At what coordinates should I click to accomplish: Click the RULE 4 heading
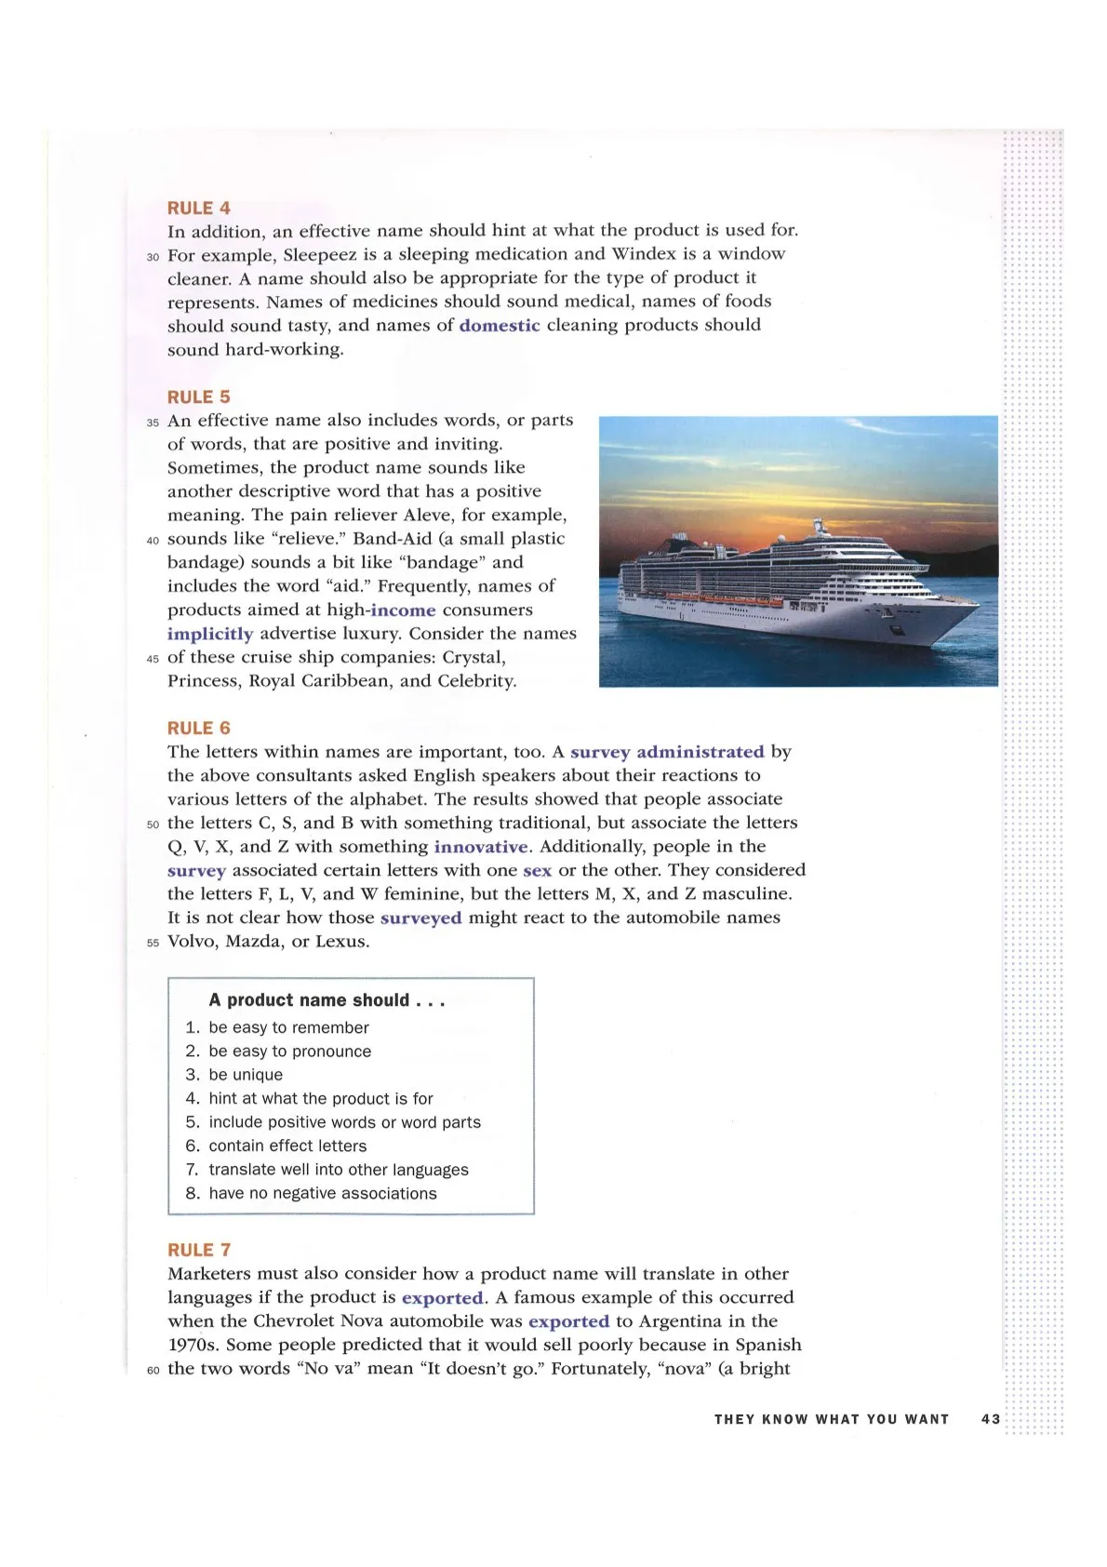[198, 208]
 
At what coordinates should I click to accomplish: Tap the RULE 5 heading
[198, 397]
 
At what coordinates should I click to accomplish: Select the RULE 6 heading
[198, 728]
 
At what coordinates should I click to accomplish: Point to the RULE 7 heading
[198, 1250]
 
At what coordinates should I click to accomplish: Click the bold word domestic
[500, 326]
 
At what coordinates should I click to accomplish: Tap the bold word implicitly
[210, 634]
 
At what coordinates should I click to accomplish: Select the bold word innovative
[481, 847]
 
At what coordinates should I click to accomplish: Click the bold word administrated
[700, 752]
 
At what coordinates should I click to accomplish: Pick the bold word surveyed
[420, 917]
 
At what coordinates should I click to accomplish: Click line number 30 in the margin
[153, 256]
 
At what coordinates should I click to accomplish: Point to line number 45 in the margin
[153, 659]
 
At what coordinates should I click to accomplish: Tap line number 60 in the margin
[153, 1370]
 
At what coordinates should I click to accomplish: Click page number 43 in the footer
[990, 1419]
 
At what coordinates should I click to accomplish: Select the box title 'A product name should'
[327, 1000]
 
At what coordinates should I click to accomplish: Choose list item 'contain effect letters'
[287, 1145]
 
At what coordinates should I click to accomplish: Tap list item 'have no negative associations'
[322, 1193]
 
